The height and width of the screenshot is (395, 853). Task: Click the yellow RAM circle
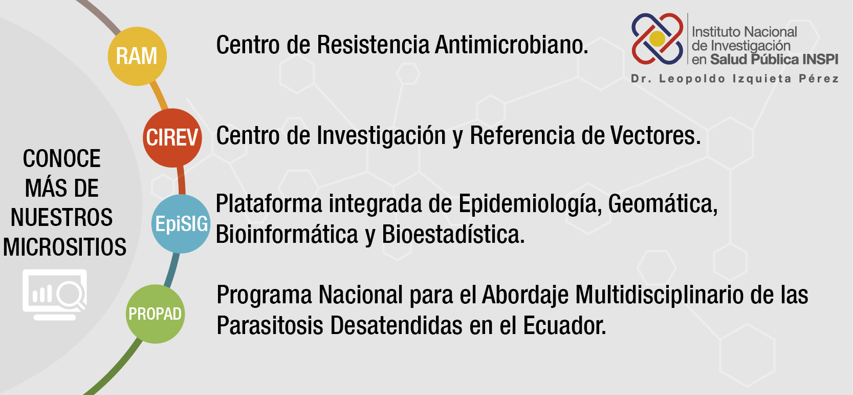point(137,56)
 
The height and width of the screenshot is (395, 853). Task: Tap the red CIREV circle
point(172,138)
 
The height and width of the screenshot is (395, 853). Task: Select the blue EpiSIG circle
point(181,224)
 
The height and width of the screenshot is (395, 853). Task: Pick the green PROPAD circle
point(156,314)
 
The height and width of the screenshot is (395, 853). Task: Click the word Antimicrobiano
point(511,45)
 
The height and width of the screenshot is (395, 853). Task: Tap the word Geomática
point(663,204)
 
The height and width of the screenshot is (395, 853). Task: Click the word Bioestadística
point(453,234)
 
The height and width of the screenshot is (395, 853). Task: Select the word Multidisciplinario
point(659,296)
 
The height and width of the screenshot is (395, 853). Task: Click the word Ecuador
point(564,325)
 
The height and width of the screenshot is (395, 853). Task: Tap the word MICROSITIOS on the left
point(65,247)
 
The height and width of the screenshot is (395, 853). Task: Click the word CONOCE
point(62,158)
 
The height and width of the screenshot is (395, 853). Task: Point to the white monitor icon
point(55,295)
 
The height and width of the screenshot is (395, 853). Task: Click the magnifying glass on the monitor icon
point(71,295)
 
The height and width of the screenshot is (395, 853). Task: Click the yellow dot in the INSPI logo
point(657,38)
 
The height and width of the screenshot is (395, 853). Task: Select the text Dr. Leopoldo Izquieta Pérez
point(735,79)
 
